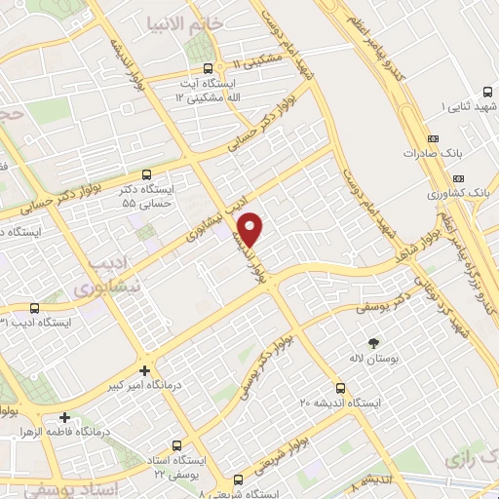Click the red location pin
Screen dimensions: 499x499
(x=251, y=228)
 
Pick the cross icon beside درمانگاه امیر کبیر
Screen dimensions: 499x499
(x=144, y=370)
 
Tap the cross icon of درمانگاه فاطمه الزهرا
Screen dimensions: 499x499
(x=64, y=416)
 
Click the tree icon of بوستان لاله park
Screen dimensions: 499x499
(x=373, y=341)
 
